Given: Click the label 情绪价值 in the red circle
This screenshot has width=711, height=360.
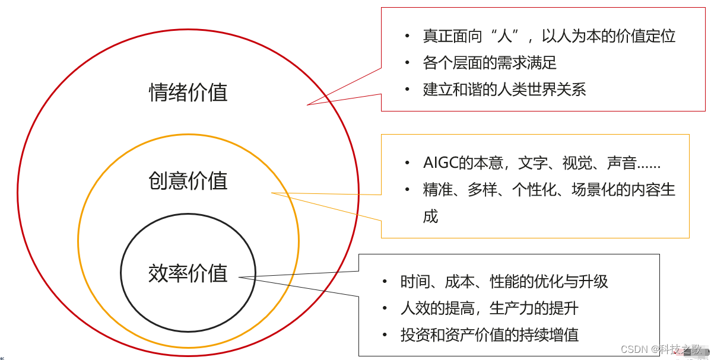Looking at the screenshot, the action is click(188, 93).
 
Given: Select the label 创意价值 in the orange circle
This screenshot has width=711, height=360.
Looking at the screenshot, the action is click(188, 181).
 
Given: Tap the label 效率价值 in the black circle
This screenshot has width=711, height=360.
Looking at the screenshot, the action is click(188, 273).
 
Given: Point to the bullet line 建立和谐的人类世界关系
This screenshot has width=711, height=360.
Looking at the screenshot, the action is click(504, 90).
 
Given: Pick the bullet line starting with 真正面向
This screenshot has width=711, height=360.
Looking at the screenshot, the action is click(549, 36).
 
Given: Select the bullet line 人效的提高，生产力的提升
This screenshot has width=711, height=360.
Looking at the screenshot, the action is click(489, 308).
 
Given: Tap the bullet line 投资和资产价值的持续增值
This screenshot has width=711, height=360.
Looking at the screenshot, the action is click(489, 335).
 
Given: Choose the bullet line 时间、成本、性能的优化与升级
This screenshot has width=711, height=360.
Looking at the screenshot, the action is click(504, 282).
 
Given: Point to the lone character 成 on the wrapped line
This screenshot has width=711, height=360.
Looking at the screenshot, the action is click(430, 216).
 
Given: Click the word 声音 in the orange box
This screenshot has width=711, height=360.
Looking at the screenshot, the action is click(621, 163).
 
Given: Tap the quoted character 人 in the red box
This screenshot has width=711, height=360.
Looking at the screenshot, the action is click(504, 36).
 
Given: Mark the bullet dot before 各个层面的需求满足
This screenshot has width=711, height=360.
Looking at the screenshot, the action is click(407, 63).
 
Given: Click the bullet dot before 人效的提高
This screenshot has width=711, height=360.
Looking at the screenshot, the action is click(385, 308).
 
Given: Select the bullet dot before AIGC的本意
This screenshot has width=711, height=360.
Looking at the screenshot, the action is click(407, 163).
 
